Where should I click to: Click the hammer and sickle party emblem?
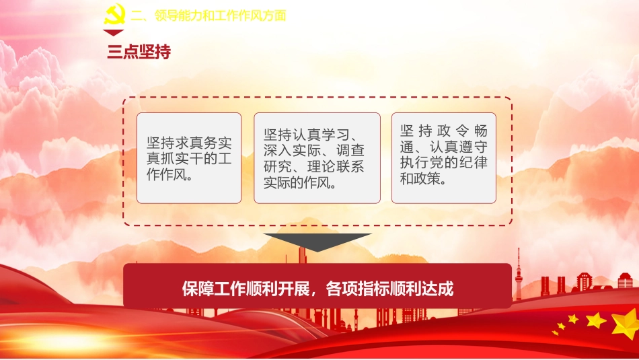114,15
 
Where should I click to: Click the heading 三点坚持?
139,52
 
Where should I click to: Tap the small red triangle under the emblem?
113,33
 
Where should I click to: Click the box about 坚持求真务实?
188,158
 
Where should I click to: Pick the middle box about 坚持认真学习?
317,158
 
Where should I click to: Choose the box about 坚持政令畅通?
444,158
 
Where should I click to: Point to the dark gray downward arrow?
317,241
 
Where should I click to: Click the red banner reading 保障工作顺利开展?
317,288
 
